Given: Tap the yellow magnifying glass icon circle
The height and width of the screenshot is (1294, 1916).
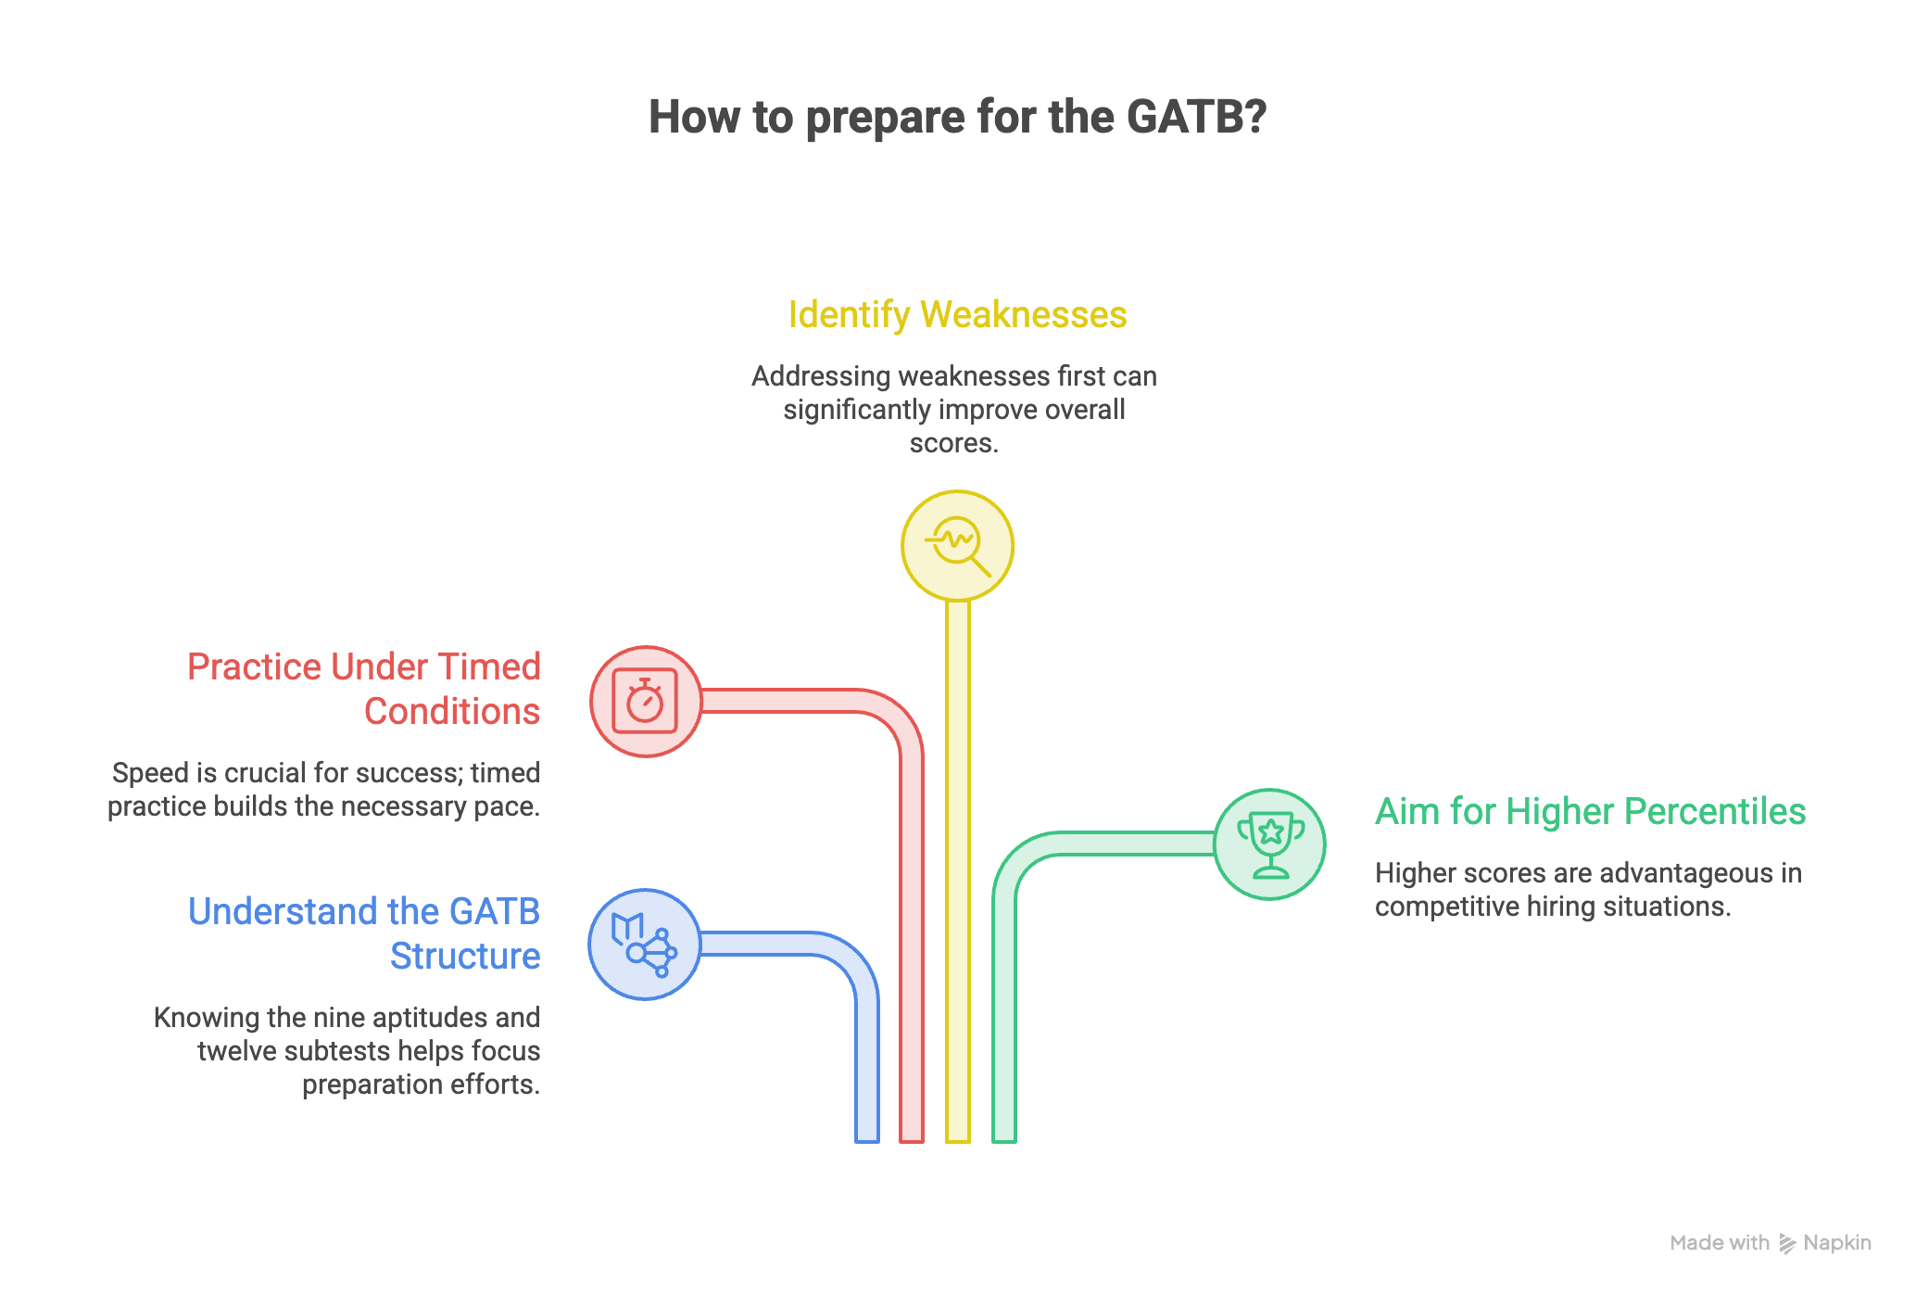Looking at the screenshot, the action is click(957, 546).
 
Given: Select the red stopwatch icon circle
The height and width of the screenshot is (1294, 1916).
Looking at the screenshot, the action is click(646, 702).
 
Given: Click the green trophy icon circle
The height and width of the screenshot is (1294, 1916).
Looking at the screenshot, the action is click(1269, 844).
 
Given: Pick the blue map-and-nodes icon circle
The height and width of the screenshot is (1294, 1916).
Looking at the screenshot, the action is click(645, 945).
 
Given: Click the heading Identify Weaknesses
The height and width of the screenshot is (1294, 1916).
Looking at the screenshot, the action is click(957, 315).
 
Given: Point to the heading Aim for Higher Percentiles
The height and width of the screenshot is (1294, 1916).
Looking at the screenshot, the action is click(1590, 812).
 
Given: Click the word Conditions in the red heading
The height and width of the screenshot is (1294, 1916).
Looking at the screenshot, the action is click(452, 712).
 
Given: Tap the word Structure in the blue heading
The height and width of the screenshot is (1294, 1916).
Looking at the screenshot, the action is click(465, 957).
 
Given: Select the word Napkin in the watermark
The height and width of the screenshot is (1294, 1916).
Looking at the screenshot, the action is click(1837, 1243).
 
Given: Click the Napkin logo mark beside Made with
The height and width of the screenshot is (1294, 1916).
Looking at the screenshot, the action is click(1787, 1244).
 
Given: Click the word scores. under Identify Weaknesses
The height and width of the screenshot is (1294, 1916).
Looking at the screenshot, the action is click(954, 443).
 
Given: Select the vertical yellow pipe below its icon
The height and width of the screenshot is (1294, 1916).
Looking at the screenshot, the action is click(958, 871).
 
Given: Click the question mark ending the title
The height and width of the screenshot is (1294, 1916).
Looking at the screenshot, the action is click(1255, 117).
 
